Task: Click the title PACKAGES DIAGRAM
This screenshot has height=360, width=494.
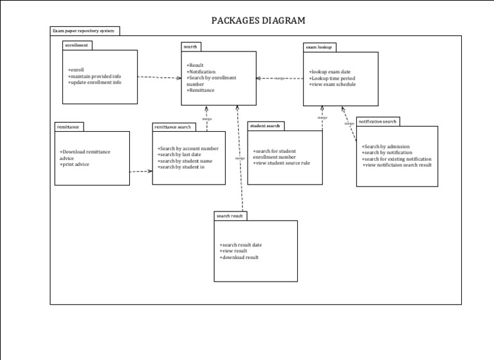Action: [258, 21]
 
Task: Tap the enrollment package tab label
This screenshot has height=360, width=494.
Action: [77, 46]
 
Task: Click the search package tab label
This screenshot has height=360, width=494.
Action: [190, 47]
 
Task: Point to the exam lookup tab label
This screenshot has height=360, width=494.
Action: [319, 47]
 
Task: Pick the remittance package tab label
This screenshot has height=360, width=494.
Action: [69, 127]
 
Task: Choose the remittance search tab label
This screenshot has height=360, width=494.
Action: [173, 127]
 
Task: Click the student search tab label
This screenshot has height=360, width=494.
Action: [265, 126]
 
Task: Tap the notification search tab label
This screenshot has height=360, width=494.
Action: [378, 121]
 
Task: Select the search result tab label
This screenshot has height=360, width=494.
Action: [230, 216]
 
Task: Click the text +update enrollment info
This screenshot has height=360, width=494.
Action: [95, 82]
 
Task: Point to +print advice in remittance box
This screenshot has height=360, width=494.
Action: [75, 165]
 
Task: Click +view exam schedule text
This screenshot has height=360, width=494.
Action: [333, 84]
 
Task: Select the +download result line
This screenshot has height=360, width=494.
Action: [239, 257]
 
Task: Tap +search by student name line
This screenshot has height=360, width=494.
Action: [185, 161]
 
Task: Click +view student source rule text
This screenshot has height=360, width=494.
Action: [282, 163]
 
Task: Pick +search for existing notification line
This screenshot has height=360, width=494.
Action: [397, 159]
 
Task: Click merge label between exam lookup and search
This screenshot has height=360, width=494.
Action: [279, 78]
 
